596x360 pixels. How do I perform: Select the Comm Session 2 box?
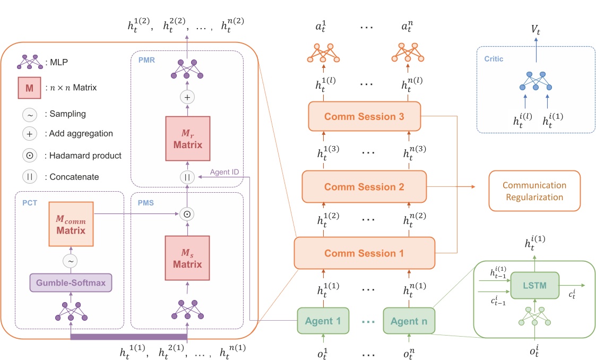[x=364, y=186]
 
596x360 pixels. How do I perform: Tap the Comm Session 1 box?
[x=364, y=253]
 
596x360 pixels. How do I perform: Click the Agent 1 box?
[x=323, y=321]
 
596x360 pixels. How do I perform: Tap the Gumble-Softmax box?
[x=71, y=284]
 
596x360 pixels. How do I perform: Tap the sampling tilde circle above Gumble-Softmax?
[x=71, y=260]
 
